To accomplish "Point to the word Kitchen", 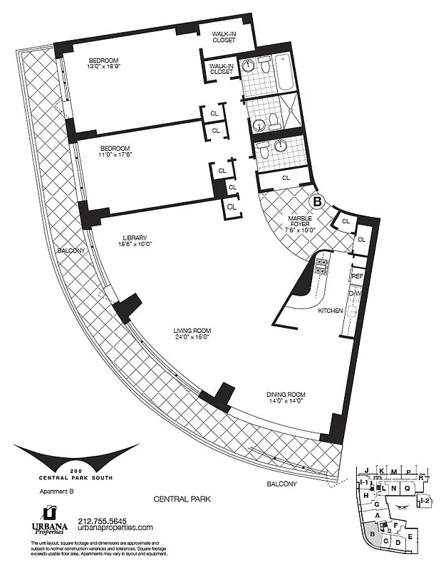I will tap(331, 311).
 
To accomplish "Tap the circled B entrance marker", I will tap(318, 202).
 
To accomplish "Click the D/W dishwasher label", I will tap(356, 293).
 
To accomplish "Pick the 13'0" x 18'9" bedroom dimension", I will tap(103, 68).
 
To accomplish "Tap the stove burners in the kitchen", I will tap(321, 267).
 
